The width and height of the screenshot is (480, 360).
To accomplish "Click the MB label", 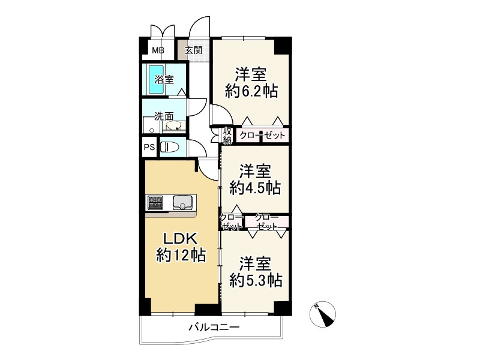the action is [x=158, y=50].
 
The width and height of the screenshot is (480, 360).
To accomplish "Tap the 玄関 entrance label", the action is [x=193, y=50].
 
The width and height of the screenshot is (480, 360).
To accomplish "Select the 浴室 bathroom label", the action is [x=164, y=80].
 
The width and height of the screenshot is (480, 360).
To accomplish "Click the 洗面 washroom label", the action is [x=164, y=116].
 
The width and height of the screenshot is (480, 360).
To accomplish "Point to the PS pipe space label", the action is [x=149, y=147].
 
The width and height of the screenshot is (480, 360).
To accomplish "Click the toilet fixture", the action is [x=169, y=147].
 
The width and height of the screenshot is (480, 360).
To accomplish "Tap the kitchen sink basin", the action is [x=184, y=202].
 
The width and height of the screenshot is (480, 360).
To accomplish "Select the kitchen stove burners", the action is [x=155, y=203].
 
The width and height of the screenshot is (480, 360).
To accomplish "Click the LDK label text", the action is [x=181, y=238].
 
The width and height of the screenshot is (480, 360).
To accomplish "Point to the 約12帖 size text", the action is [x=181, y=254].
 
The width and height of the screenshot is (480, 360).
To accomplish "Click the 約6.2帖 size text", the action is [x=251, y=91].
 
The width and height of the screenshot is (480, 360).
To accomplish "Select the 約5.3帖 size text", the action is [x=256, y=280].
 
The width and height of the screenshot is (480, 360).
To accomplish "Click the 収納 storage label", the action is [x=227, y=136].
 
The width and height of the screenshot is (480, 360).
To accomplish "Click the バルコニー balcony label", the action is [x=214, y=328].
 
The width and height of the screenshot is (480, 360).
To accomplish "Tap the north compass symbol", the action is [x=323, y=314].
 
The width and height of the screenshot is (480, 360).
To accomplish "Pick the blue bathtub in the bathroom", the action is [x=156, y=80].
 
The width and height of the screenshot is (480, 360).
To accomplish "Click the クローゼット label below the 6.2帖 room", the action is [x=262, y=135].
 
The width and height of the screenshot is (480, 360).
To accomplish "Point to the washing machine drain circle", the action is [x=151, y=130].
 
